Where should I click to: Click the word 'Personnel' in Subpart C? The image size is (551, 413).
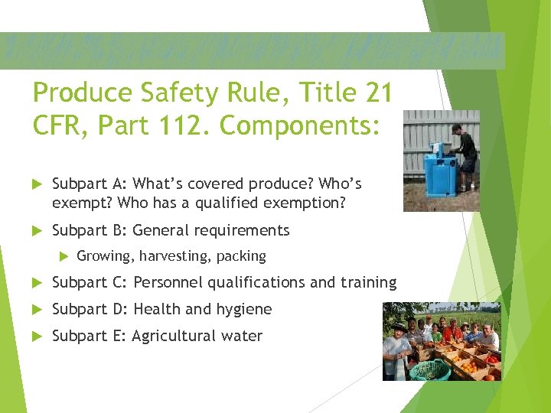[x=167, y=282]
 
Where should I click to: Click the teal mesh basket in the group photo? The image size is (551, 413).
[x=429, y=369]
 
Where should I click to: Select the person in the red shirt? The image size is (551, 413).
[x=452, y=334]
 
